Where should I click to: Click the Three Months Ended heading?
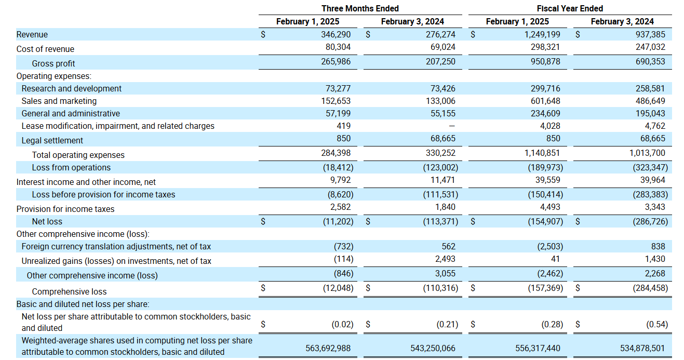(x=360, y=8)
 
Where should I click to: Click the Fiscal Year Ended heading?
(x=570, y=8)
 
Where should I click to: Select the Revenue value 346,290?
(x=336, y=34)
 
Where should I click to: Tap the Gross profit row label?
(x=53, y=63)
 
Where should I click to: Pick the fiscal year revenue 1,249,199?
(x=542, y=34)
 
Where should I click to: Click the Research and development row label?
(x=72, y=88)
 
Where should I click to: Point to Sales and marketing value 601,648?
(x=545, y=101)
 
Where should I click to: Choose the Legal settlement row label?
(x=52, y=140)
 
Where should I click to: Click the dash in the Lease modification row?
(x=452, y=126)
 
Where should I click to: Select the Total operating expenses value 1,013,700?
(x=647, y=153)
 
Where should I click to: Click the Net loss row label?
(x=47, y=221)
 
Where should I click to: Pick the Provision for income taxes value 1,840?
(x=445, y=207)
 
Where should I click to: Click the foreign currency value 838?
(x=658, y=246)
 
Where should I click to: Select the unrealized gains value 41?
(x=555, y=259)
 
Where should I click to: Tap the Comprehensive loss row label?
(x=69, y=291)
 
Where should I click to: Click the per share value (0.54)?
(x=657, y=324)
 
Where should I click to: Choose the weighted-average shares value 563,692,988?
(x=328, y=349)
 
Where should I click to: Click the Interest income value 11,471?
(x=443, y=180)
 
